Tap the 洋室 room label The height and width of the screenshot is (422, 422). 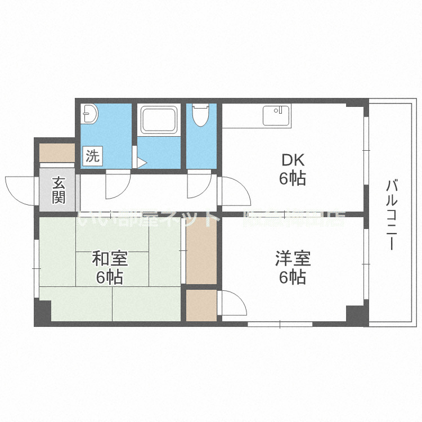point(292,259)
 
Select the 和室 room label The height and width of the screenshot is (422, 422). point(110,259)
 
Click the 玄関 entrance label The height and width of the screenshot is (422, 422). point(59,190)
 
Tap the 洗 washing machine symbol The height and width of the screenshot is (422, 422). point(92,156)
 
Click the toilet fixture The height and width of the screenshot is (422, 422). point(200,116)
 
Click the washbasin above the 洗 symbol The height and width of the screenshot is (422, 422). point(89,115)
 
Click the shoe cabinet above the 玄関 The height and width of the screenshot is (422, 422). point(57,152)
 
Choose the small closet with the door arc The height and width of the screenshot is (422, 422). point(201,305)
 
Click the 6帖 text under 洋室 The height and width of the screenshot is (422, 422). point(292,277)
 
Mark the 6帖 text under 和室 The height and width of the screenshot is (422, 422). point(110,277)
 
